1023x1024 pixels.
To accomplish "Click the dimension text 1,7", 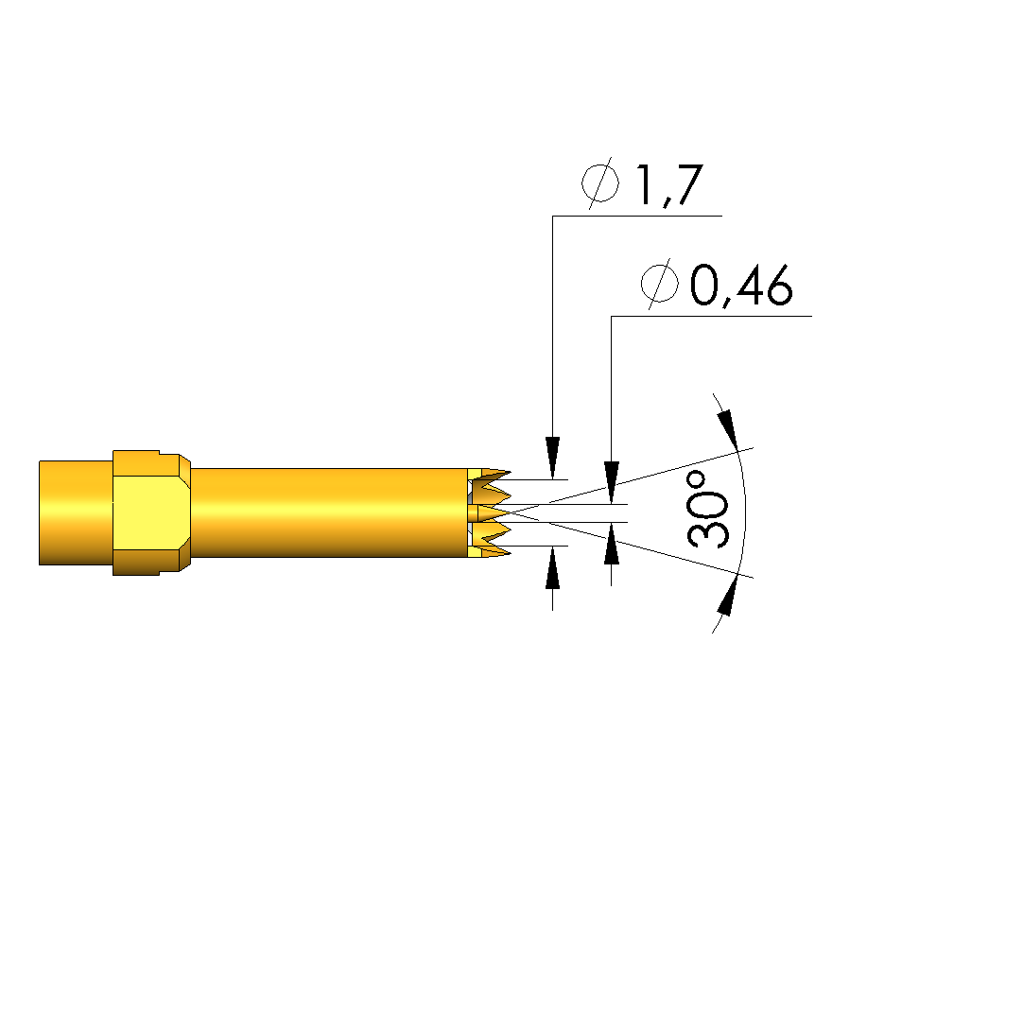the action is pyautogui.click(x=668, y=184).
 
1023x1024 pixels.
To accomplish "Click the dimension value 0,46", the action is pyautogui.click(x=741, y=286).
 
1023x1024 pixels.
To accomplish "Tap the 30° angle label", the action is pyautogui.click(x=707, y=510).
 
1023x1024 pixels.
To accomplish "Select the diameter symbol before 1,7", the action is pyautogui.click(x=600, y=182).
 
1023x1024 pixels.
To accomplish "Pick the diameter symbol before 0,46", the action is pyautogui.click(x=659, y=284).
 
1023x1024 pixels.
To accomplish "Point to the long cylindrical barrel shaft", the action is pyautogui.click(x=329, y=512).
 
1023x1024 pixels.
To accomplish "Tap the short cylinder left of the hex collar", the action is pyautogui.click(x=76, y=512).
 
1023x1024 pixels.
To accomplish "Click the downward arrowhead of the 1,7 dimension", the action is pyautogui.click(x=552, y=458).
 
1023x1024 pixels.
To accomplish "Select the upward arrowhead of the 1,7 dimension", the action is pyautogui.click(x=552, y=567).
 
